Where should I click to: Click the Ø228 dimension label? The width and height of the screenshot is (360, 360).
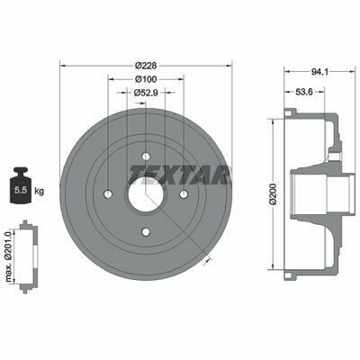pos(146,66)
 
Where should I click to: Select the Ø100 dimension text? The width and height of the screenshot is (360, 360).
pos(146,79)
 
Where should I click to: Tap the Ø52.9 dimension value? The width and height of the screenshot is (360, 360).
pos(146,93)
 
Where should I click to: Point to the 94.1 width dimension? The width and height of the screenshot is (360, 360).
pos(319,72)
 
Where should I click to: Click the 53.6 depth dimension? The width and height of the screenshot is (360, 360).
pos(304,92)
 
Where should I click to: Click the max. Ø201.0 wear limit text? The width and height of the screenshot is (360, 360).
pos(8,256)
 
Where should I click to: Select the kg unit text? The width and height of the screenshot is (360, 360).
pos(39,191)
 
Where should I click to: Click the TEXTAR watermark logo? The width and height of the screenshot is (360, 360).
pos(179,175)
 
